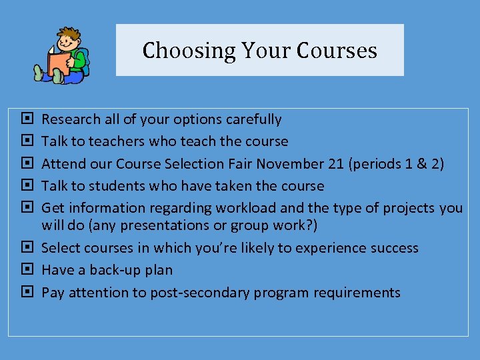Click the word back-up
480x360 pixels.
[x=112, y=270]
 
